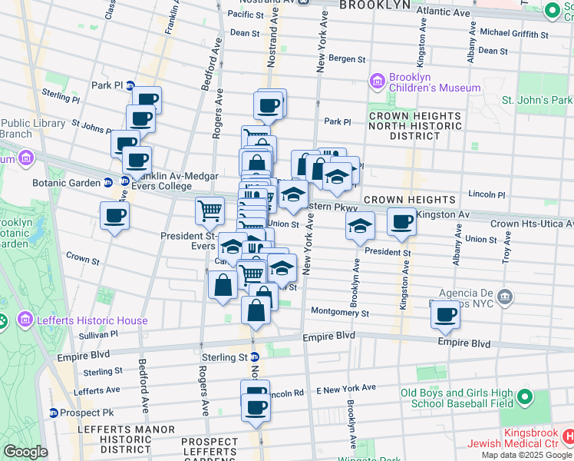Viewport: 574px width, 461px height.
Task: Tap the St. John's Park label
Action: tap(536, 100)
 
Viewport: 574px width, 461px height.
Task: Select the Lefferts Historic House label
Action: tap(82, 320)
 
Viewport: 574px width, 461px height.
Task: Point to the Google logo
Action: tap(25, 452)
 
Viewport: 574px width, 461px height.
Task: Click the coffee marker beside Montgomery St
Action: tap(445, 313)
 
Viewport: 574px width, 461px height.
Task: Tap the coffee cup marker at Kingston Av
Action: tap(401, 221)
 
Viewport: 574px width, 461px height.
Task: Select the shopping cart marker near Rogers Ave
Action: tap(209, 209)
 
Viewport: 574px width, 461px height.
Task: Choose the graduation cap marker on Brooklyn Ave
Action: tap(359, 225)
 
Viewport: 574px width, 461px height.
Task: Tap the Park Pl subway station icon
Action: tap(130, 85)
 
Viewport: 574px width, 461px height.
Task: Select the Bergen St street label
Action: tap(345, 58)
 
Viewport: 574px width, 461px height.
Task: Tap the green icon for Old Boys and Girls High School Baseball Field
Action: tap(524, 397)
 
